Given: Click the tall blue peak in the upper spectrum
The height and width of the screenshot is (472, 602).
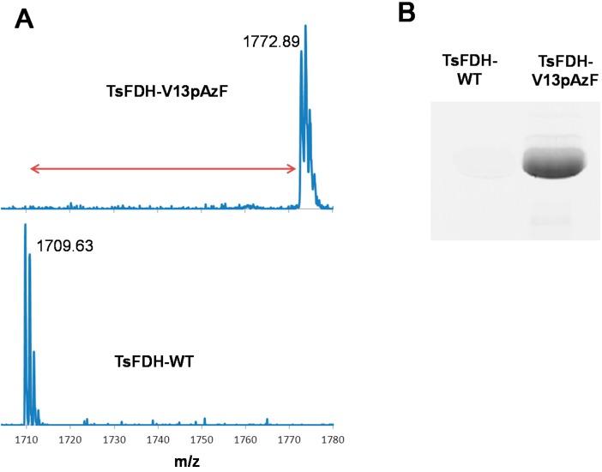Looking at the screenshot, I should point(304,103).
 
